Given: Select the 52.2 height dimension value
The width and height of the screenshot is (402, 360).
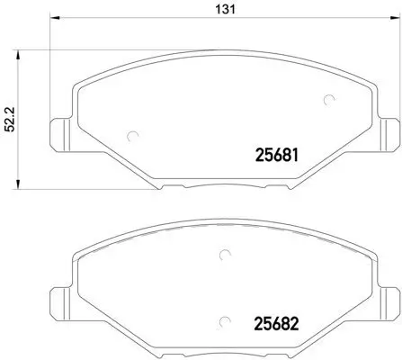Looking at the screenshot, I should pos(12,119).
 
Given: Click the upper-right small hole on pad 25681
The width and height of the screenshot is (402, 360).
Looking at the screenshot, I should pos(329,101).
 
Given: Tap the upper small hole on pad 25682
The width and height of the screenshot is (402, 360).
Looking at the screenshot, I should pos(221,256).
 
